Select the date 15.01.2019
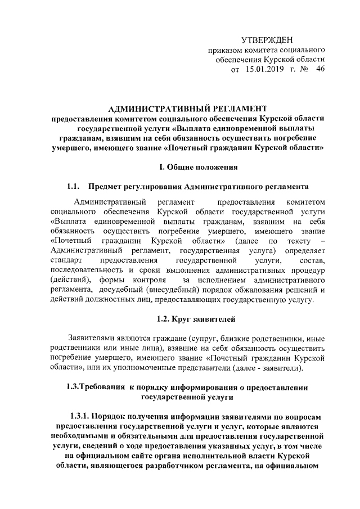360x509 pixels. [265, 70]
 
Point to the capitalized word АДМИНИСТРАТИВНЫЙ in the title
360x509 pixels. [150, 108]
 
